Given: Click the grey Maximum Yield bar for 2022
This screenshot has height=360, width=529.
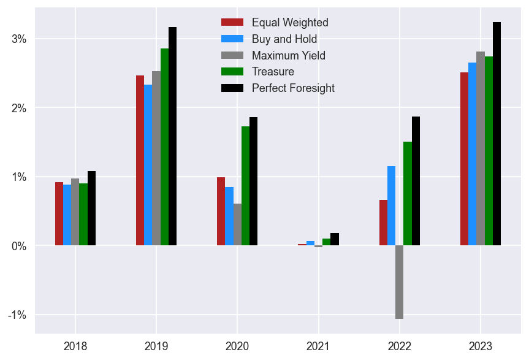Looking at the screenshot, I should pyautogui.click(x=399, y=282).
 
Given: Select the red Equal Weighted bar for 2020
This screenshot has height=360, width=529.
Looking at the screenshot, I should pyautogui.click(x=221, y=212).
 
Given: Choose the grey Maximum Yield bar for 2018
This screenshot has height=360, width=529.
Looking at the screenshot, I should pyautogui.click(x=75, y=212).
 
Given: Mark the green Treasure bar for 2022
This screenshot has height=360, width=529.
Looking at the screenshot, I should pyautogui.click(x=407, y=194).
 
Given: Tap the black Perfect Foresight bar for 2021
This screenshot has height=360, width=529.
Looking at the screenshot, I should pyautogui.click(x=335, y=239).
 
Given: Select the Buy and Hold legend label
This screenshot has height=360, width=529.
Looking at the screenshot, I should pyautogui.click(x=284, y=39).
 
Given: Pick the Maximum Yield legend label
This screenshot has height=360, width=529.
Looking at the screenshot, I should pyautogui.click(x=288, y=56).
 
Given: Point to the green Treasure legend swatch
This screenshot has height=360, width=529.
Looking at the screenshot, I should pyautogui.click(x=232, y=72).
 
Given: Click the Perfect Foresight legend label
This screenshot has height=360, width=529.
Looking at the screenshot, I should pyautogui.click(x=293, y=88).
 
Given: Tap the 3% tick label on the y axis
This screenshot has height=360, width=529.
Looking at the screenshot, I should pyautogui.click(x=19, y=39).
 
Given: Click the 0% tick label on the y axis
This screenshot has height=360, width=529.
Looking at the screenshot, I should pyautogui.click(x=19, y=246).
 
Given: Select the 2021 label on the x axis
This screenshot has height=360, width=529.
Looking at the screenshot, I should pyautogui.click(x=318, y=347).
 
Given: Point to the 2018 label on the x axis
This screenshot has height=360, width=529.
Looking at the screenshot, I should pyautogui.click(x=75, y=347).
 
